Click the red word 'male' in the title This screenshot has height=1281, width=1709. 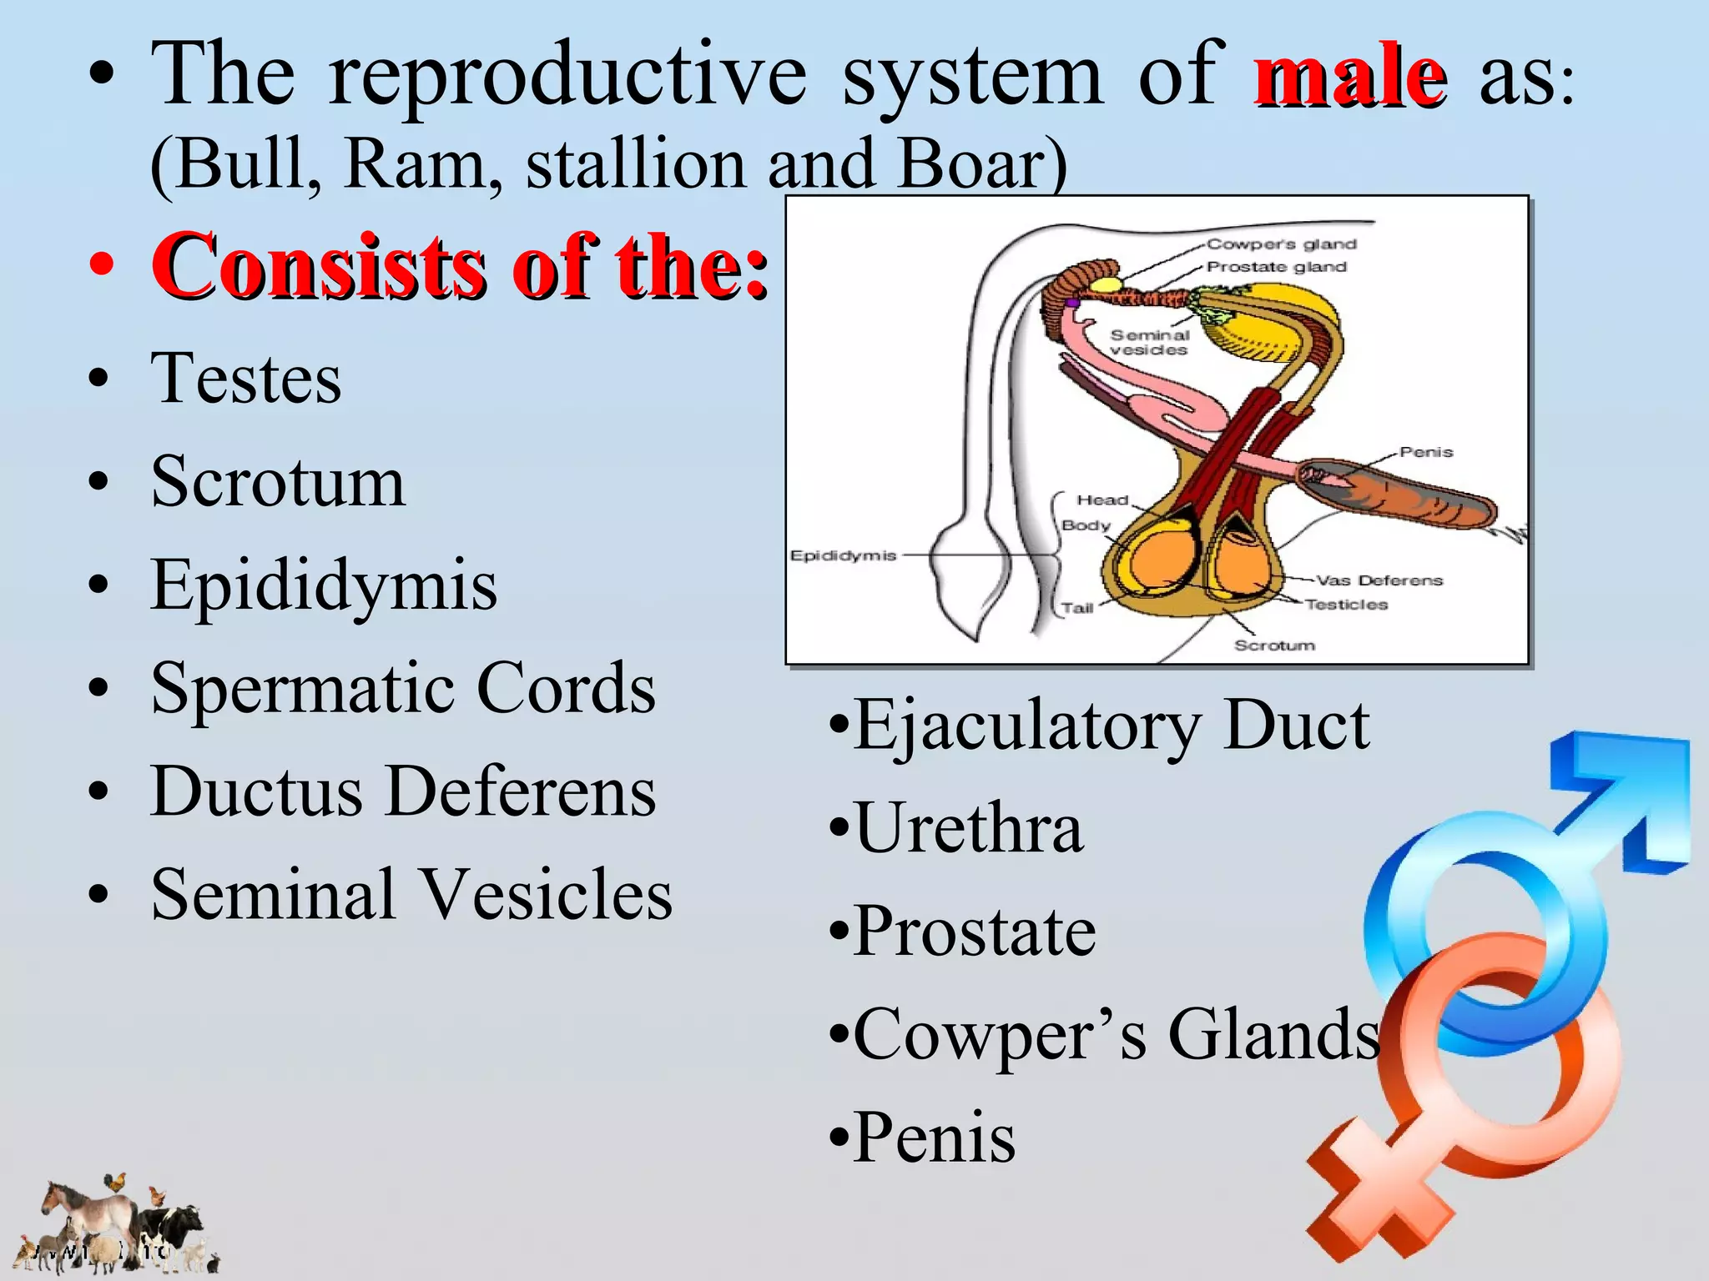click(x=1349, y=77)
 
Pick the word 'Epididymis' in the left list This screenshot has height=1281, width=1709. click(x=324, y=585)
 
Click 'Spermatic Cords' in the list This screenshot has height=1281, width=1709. click(x=403, y=688)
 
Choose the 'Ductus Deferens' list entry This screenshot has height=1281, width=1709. click(x=403, y=791)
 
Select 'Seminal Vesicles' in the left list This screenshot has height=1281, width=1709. click(x=411, y=895)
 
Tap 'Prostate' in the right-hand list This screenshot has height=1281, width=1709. click(x=974, y=932)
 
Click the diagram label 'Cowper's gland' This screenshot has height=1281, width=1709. click(x=1282, y=244)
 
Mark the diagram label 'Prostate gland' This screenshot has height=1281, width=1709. click(x=1277, y=267)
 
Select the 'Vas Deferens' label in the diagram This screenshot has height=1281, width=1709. click(x=1379, y=580)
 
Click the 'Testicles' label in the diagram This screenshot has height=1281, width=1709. click(x=1346, y=605)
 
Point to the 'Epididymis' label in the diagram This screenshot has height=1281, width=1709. click(x=843, y=555)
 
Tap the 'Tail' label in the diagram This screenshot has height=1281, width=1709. click(x=1077, y=608)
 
